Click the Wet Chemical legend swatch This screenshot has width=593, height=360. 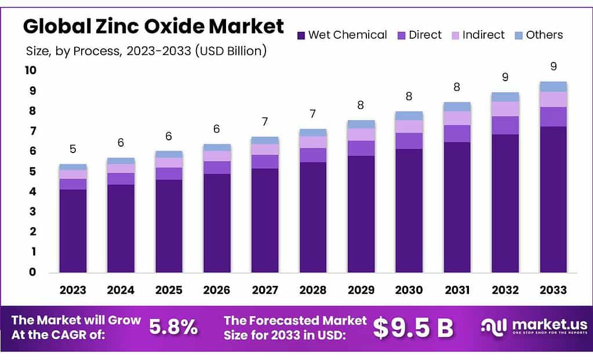[301, 35]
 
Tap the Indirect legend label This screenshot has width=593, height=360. [483, 35]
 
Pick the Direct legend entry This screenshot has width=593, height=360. [425, 35]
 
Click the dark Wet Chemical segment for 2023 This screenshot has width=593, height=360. [73, 231]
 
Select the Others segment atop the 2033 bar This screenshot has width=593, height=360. [553, 86]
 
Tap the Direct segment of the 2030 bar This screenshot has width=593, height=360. [409, 141]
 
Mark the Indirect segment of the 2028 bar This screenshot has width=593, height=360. [313, 142]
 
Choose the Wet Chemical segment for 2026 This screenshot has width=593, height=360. [217, 223]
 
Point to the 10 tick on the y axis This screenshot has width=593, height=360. [30, 71]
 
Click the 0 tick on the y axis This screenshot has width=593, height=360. [32, 272]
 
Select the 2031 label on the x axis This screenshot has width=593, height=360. [457, 290]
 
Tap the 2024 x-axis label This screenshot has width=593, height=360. [121, 290]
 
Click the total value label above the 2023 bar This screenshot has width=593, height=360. [72, 149]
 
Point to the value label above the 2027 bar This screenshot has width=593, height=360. [265, 122]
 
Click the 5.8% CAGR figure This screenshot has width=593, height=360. [173, 328]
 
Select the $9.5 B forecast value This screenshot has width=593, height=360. [413, 328]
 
